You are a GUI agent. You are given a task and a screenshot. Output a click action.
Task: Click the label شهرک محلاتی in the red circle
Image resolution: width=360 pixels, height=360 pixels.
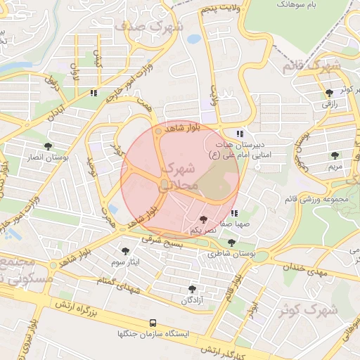pos(180,178)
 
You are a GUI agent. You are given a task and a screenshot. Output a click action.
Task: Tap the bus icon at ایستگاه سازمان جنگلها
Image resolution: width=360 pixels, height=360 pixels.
pos(153,323)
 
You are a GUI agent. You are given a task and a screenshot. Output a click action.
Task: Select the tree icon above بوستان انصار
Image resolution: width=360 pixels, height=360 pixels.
pos(48,146)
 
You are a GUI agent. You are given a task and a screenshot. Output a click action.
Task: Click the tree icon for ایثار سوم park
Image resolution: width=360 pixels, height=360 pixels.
pos(126,250)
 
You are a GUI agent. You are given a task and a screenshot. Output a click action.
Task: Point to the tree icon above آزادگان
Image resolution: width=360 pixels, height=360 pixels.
pos(192,289)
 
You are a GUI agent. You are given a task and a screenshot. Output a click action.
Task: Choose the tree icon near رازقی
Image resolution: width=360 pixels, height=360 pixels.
pos(330,94)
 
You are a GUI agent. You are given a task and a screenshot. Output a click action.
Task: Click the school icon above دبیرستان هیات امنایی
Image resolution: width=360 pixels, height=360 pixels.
pos(240,133)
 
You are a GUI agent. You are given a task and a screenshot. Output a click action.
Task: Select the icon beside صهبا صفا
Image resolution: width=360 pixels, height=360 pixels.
pos(234,212)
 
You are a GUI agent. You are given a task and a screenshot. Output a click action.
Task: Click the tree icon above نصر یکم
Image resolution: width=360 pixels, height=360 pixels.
pos(203,220)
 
